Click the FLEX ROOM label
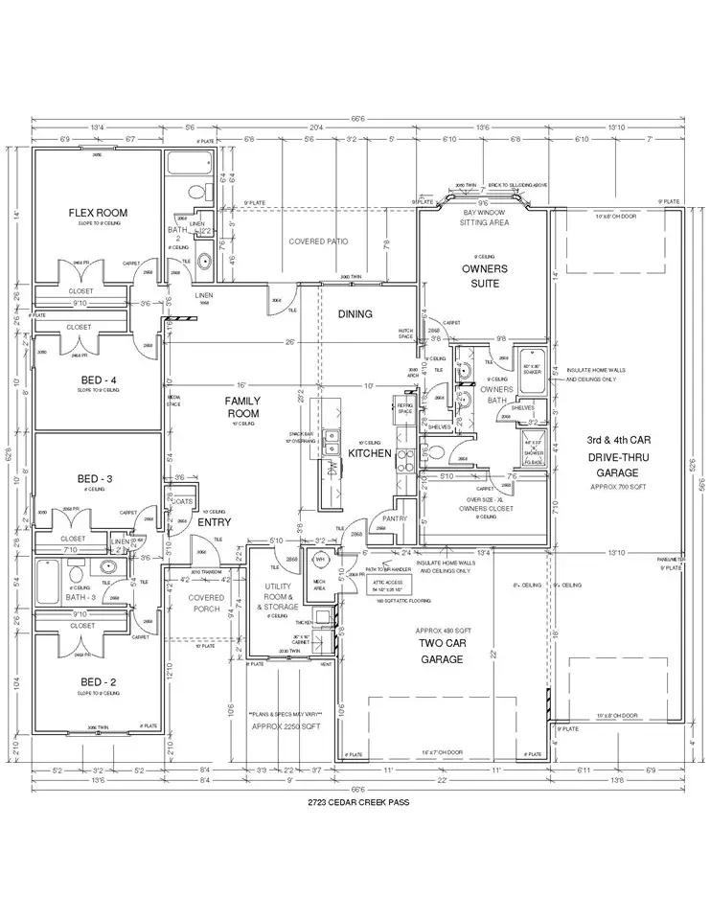(97, 213)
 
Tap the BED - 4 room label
(98, 379)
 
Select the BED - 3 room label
(96, 478)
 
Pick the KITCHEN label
(370, 452)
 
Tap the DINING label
(355, 314)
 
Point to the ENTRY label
(214, 523)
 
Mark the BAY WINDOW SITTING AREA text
(484, 217)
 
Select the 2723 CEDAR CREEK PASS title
(354, 801)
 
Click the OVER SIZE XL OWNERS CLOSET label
(487, 504)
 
